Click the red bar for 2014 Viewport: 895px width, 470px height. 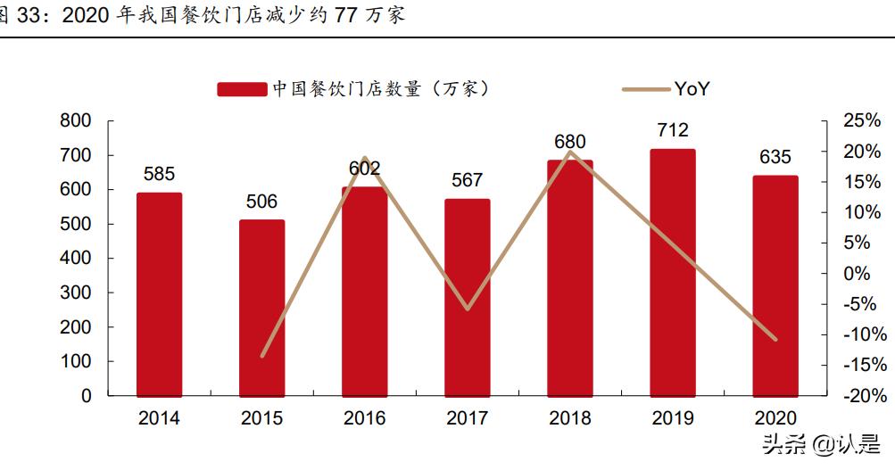[x=159, y=294]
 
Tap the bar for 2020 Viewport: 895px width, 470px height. [x=775, y=285]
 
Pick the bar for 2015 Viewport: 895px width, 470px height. [x=261, y=308]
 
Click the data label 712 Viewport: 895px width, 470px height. [x=673, y=130]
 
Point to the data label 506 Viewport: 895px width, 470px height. [x=261, y=202]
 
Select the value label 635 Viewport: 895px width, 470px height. [x=775, y=157]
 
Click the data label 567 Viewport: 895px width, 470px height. [x=468, y=180]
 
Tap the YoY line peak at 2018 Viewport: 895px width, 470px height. [x=570, y=152]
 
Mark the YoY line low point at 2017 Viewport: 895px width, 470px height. [x=468, y=309]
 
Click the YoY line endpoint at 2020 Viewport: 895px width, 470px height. [x=775, y=340]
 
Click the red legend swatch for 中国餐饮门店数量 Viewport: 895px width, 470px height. [x=242, y=88]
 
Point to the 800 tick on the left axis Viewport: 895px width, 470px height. [x=77, y=120]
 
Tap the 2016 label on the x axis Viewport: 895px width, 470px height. [x=364, y=418]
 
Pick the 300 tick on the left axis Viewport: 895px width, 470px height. [x=77, y=293]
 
